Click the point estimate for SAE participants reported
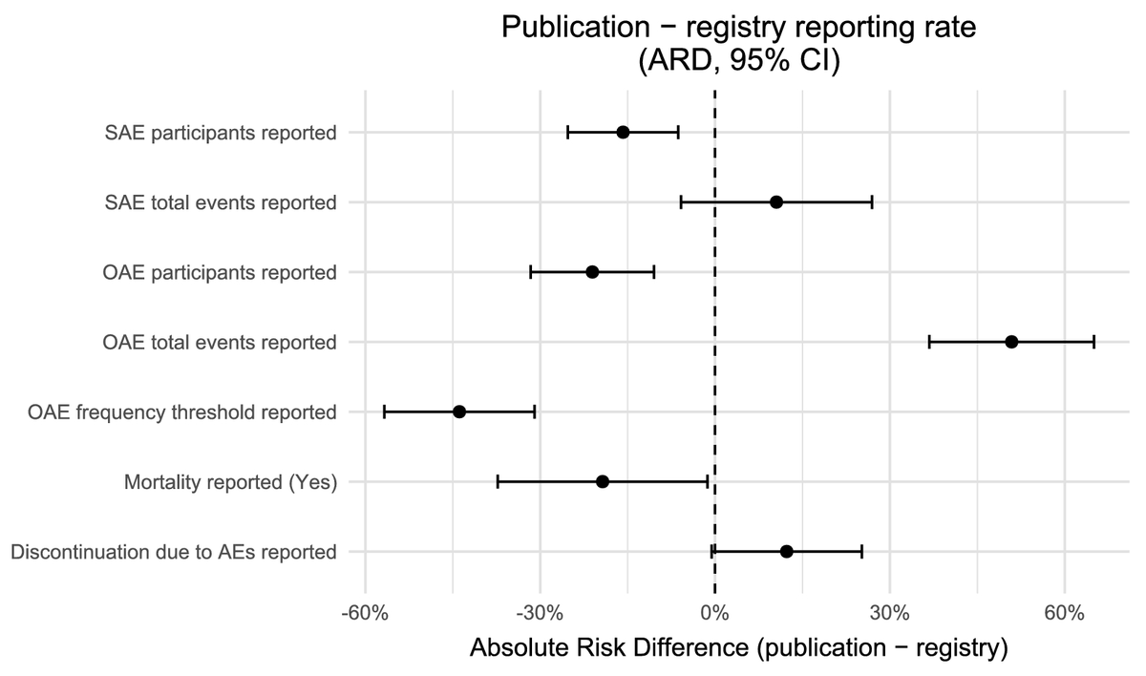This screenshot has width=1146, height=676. click(x=623, y=132)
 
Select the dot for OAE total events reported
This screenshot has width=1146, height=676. click(x=1011, y=342)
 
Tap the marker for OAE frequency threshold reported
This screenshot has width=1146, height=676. click(x=459, y=412)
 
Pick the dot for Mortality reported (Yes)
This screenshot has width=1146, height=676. click(x=602, y=481)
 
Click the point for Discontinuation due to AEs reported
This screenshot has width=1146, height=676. click(x=786, y=551)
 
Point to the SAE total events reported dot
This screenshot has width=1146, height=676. click(x=776, y=202)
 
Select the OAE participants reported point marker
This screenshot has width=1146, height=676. click(x=592, y=272)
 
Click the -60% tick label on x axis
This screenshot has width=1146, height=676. click(x=365, y=612)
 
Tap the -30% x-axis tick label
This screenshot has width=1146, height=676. click(x=540, y=612)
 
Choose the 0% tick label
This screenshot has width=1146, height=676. click(x=714, y=612)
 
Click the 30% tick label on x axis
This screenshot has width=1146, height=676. click(x=889, y=612)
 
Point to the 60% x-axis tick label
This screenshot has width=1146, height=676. click(x=1064, y=612)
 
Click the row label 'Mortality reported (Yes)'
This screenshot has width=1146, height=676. click(x=230, y=482)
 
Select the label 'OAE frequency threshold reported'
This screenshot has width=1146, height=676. click(x=183, y=412)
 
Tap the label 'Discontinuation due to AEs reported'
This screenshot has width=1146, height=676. click(x=173, y=552)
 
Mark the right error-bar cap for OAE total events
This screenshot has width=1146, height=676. click(x=1093, y=342)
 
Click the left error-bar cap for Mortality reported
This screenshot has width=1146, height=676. click(x=498, y=481)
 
